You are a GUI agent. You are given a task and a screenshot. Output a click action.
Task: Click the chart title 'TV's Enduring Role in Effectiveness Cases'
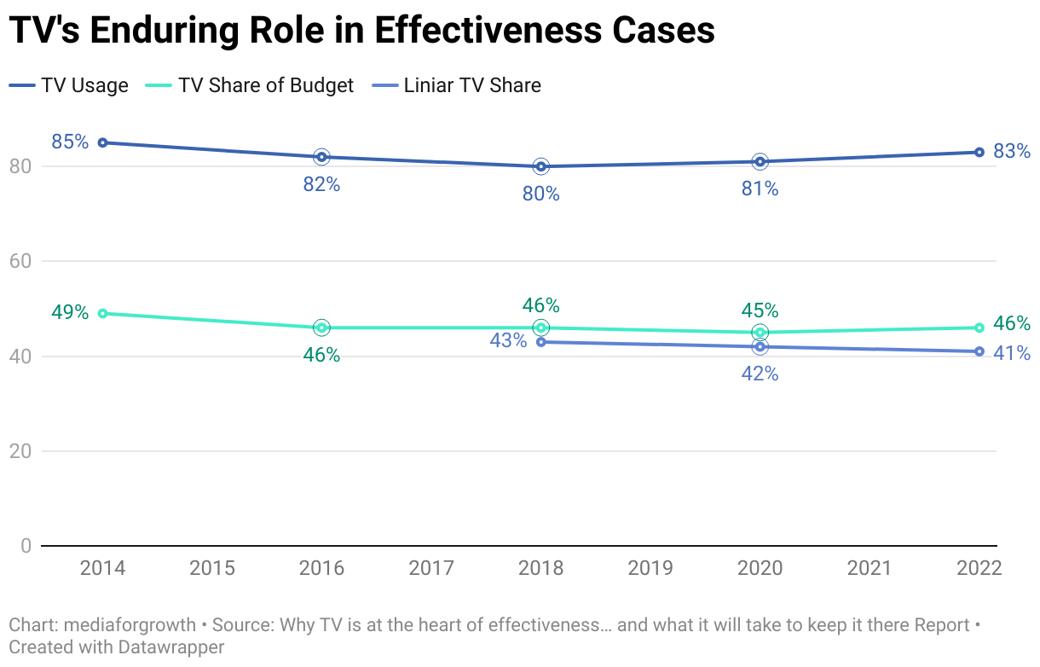tap(361, 31)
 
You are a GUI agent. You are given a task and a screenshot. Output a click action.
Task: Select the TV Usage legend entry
tap(69, 85)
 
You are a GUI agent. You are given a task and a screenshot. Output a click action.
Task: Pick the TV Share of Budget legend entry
tap(251, 85)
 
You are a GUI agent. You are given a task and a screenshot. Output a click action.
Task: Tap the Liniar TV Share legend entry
tap(458, 85)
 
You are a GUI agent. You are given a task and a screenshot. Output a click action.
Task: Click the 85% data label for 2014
tap(70, 142)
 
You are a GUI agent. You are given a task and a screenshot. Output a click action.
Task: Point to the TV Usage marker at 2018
tap(540, 166)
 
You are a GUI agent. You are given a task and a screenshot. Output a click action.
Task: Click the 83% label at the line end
tap(1012, 152)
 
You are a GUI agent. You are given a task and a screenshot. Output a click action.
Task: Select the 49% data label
tap(70, 312)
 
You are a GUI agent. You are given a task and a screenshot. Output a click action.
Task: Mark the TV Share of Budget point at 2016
tap(321, 328)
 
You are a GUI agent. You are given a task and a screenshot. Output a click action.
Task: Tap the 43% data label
tap(508, 340)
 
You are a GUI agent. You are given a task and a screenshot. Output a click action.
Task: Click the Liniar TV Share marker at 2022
tap(979, 351)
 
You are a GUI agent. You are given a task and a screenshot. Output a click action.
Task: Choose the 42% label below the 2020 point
tap(760, 374)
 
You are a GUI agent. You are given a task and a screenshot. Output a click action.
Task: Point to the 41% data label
tap(1012, 352)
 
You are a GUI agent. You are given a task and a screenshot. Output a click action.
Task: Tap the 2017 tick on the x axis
tap(431, 568)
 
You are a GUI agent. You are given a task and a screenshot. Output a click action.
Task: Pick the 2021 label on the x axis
tap(870, 568)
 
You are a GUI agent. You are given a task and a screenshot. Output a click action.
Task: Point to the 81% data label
tap(760, 188)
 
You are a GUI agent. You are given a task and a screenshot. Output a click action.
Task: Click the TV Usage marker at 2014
tap(102, 142)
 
